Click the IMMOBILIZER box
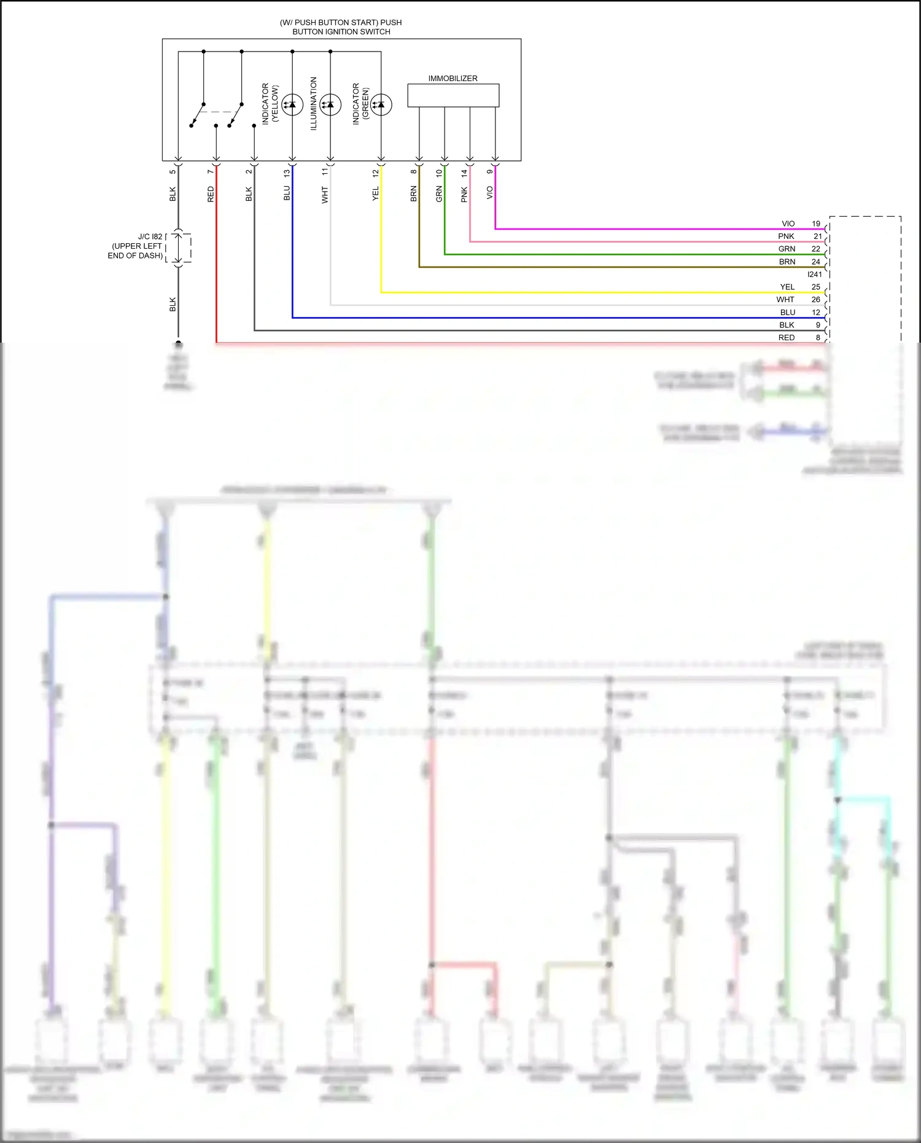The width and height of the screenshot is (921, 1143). click(x=453, y=95)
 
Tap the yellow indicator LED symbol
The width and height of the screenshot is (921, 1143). click(x=292, y=104)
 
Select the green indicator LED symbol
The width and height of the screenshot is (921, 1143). click(x=381, y=104)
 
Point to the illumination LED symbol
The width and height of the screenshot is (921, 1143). click(x=330, y=104)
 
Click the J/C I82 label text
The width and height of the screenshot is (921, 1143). click(x=150, y=236)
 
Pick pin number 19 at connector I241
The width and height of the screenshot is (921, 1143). click(x=816, y=224)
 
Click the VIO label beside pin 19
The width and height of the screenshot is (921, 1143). click(x=788, y=224)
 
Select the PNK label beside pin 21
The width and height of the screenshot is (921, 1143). click(x=787, y=236)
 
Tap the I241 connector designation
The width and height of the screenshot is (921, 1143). click(x=815, y=275)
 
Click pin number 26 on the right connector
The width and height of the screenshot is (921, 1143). click(x=816, y=300)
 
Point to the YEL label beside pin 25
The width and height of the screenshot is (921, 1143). click(x=787, y=287)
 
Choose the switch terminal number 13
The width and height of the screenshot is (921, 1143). click(x=287, y=174)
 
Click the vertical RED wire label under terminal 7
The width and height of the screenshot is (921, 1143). click(x=211, y=195)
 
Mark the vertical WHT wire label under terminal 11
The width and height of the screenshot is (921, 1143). click(x=325, y=195)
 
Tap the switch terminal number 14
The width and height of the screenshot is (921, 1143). click(x=464, y=174)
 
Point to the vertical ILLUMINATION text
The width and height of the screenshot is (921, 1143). click(x=313, y=103)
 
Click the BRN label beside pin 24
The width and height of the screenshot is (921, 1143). click(x=787, y=262)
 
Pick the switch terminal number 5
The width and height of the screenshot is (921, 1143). click(x=173, y=172)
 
